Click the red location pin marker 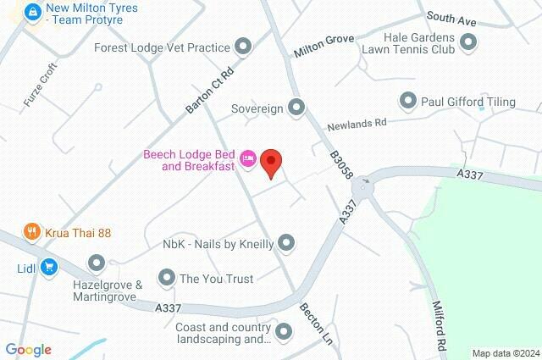(271, 162)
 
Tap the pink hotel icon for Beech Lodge (248, 158)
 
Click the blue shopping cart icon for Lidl (49, 266)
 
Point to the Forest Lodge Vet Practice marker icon (244, 47)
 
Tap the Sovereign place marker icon (296, 108)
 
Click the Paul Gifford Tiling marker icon (407, 102)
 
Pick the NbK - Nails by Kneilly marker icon (286, 244)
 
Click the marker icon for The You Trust (166, 277)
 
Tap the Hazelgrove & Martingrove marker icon (96, 263)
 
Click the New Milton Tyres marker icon (33, 13)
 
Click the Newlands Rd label (357, 122)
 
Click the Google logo (28, 350)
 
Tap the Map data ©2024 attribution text (505, 353)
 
